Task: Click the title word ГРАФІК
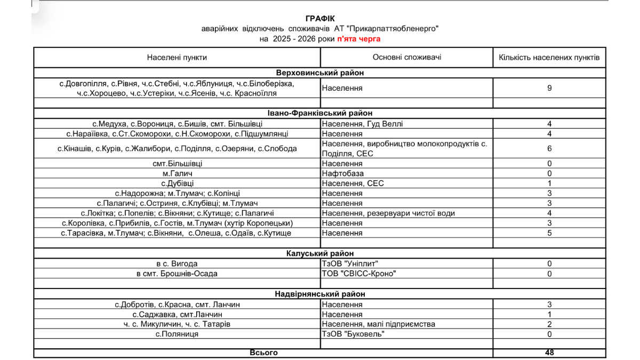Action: (x=320, y=19)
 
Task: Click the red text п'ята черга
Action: (x=358, y=39)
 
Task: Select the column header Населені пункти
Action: (x=177, y=57)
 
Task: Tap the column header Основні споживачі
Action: (x=407, y=57)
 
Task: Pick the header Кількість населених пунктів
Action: (x=549, y=57)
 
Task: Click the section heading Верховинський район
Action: (x=320, y=73)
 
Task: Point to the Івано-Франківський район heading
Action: (x=320, y=113)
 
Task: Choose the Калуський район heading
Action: (x=320, y=253)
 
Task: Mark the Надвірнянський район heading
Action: (x=320, y=294)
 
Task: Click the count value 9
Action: (x=549, y=88)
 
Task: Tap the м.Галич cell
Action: (x=177, y=173)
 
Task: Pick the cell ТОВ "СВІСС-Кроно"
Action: (x=359, y=274)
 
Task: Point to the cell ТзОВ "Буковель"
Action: (x=353, y=334)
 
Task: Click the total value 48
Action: (x=549, y=353)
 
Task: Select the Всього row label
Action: (x=263, y=353)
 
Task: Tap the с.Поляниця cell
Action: (x=177, y=334)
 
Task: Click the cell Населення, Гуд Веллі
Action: (x=363, y=124)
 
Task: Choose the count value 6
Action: (x=549, y=148)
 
